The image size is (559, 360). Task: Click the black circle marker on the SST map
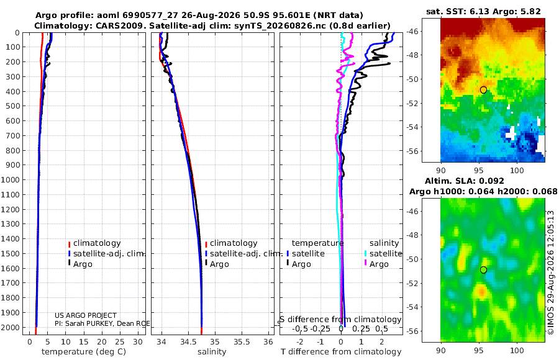point(483,90)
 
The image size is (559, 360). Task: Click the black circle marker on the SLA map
point(483,270)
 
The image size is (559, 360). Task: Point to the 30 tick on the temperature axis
point(138,342)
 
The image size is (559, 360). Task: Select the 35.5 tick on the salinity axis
point(242,342)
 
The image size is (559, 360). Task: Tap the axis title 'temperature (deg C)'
point(84,352)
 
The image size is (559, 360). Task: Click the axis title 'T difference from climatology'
point(341,352)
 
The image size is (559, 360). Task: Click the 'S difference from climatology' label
point(340,320)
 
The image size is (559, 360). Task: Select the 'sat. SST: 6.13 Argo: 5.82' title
point(483,11)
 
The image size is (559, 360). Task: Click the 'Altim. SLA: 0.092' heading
point(464,181)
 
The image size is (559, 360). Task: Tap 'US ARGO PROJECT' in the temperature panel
point(86,315)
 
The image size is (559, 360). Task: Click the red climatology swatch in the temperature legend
point(70,244)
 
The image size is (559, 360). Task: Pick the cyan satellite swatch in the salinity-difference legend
point(365,254)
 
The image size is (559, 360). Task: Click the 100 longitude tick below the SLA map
point(517,350)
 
